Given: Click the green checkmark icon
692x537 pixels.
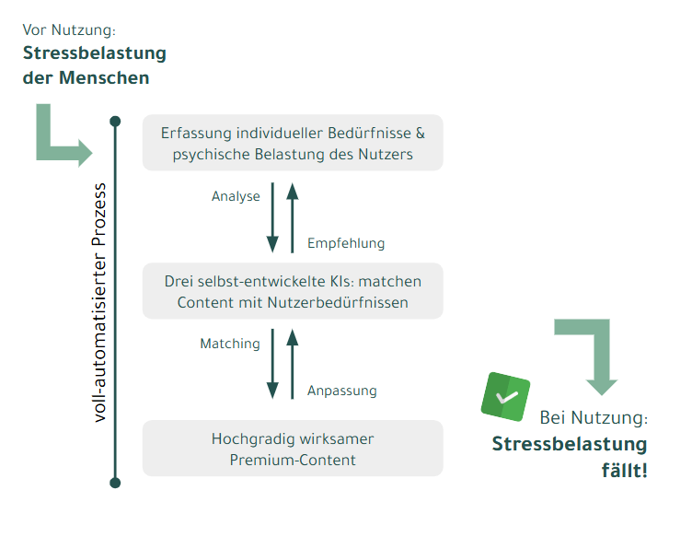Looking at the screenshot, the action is pos(506,397).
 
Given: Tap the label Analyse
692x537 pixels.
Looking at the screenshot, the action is pos(236,196).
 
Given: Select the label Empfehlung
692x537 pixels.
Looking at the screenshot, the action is pos(346,243).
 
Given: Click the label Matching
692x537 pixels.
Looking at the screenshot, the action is pos(230,344).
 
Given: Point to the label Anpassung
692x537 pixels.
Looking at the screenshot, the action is pos(342,391).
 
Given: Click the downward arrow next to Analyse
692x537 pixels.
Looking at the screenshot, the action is pos(272,217).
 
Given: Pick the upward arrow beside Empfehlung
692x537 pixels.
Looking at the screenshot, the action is pos(292,217).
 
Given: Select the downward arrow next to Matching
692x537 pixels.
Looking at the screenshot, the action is pos(272,364).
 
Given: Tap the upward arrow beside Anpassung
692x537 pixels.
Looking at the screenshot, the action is pos(292,364).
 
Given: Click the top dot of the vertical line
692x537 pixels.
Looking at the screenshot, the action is pos(115,122).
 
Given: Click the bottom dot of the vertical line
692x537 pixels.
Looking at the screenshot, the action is pos(115,483).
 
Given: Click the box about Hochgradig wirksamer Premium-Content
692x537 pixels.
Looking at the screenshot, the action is pos(293,449).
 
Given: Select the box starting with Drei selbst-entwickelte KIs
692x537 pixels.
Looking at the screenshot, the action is pos(293,291).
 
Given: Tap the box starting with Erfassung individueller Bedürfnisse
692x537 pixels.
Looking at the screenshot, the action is pos(293,143).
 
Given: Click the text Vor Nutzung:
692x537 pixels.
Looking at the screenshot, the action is pos(69,30).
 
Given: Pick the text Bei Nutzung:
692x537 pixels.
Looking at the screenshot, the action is pos(594,418).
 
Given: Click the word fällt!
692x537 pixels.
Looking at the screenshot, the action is pos(625,470).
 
